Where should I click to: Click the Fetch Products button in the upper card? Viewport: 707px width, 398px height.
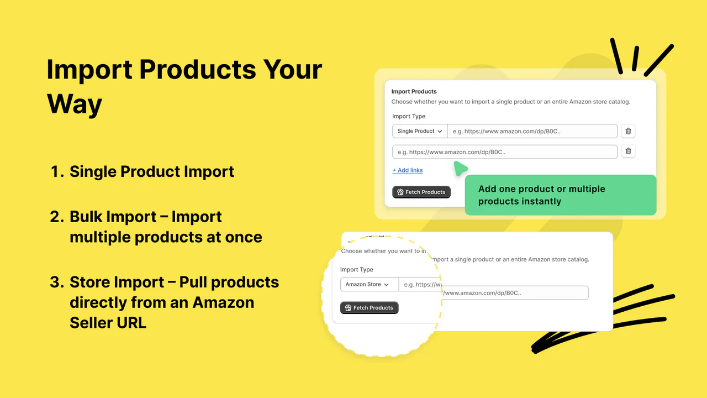point(421,192)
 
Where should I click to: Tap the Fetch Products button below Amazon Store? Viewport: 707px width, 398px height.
point(369,307)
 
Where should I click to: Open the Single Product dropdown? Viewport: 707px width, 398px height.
point(420,131)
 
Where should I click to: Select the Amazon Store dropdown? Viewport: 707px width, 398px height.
point(367,284)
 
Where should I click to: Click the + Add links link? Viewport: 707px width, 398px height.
point(407,170)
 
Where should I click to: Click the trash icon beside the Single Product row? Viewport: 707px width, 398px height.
point(628,131)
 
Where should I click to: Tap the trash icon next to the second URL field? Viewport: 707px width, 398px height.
point(628,151)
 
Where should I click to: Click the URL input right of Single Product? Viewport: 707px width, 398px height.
point(532,131)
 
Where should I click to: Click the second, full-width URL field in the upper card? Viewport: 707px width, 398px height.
point(504,151)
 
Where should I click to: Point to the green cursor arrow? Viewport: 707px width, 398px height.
point(460,168)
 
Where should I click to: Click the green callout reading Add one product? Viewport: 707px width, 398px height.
point(560,195)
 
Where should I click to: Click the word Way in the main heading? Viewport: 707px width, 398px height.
point(75,104)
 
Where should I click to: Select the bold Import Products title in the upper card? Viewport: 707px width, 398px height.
point(414,91)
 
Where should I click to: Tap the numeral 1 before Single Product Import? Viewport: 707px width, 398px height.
point(55,172)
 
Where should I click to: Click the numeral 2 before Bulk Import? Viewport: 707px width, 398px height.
point(56,217)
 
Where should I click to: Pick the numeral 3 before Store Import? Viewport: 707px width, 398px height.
point(56,282)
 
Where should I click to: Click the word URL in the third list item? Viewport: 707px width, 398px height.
point(131,323)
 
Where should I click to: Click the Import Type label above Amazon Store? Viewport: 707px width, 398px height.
point(356,269)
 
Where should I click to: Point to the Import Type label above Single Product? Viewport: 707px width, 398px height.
point(409,116)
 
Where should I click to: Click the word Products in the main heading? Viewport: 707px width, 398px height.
point(197,70)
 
